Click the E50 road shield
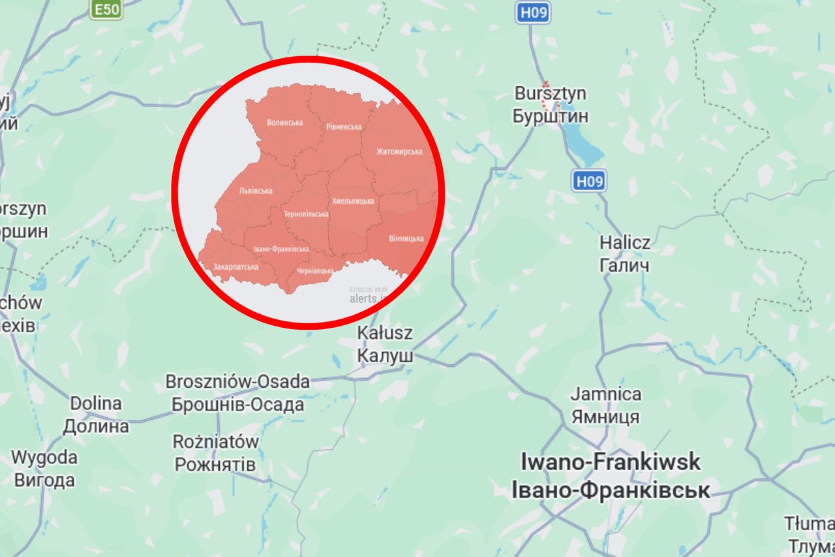tap(106, 9)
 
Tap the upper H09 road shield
tap(532, 12)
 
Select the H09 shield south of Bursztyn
tap(589, 180)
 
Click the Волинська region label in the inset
tap(285, 122)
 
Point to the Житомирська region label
tap(399, 151)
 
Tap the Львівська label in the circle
tap(256, 191)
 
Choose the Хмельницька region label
tap(352, 201)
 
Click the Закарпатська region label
tap(235, 266)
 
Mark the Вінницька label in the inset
tap(406, 238)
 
